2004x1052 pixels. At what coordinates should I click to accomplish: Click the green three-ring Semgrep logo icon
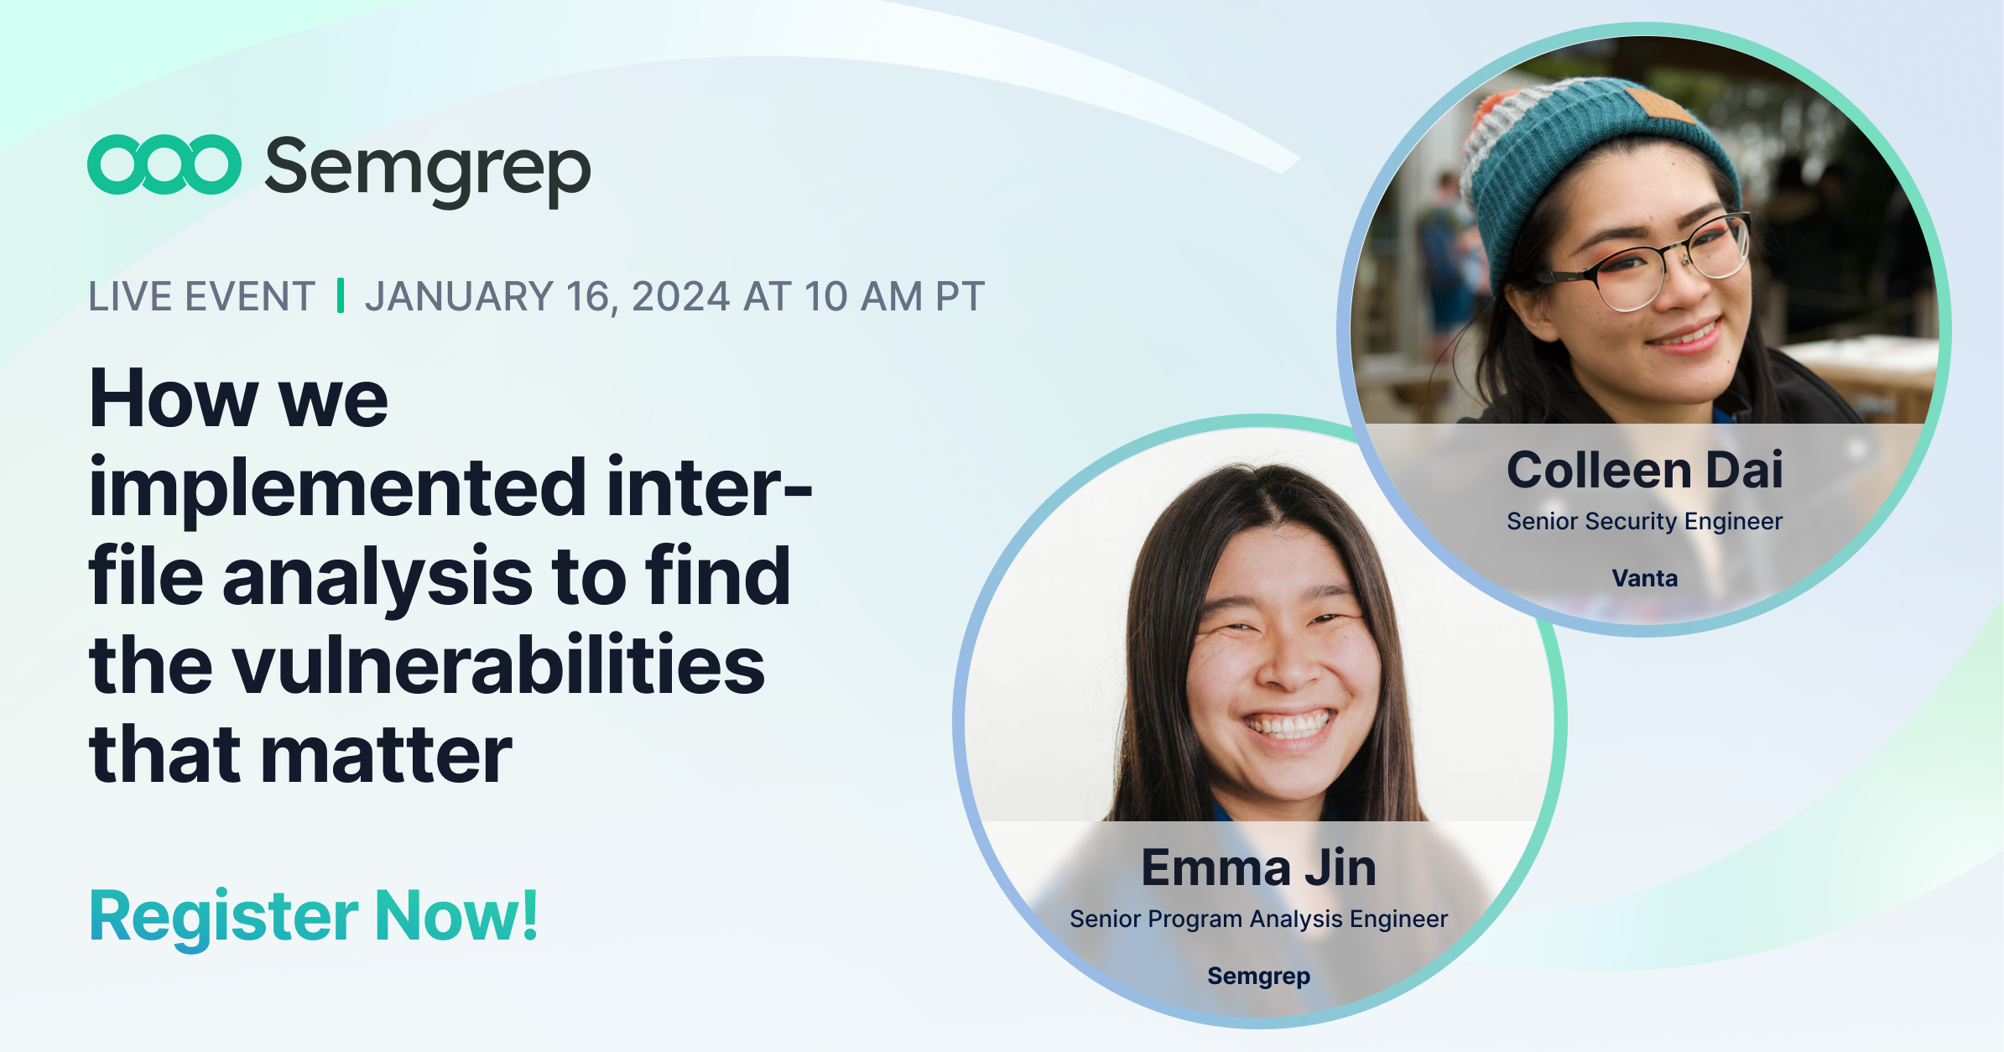pyautogui.click(x=164, y=164)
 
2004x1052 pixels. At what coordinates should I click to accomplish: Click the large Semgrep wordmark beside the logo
pyautogui.click(x=428, y=168)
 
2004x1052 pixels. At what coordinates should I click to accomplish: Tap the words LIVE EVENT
pyautogui.click(x=201, y=297)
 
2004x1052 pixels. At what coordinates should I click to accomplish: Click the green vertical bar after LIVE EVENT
pyautogui.click(x=340, y=295)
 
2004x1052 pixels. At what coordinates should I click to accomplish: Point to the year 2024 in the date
pyautogui.click(x=680, y=297)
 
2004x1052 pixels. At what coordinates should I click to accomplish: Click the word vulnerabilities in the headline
pyautogui.click(x=498, y=666)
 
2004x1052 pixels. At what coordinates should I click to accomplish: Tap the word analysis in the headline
pyautogui.click(x=377, y=577)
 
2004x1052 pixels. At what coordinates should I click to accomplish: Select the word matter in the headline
pyautogui.click(x=387, y=755)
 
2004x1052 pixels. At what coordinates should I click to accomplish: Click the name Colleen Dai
pyautogui.click(x=1644, y=470)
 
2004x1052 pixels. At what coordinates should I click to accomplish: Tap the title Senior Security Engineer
pyautogui.click(x=1644, y=522)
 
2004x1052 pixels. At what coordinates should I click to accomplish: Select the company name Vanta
pyautogui.click(x=1644, y=578)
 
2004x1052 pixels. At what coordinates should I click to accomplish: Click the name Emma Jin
pyautogui.click(x=1258, y=867)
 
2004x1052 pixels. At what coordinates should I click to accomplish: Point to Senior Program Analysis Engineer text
pyautogui.click(x=1258, y=919)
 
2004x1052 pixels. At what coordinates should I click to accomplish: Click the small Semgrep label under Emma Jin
pyautogui.click(x=1258, y=976)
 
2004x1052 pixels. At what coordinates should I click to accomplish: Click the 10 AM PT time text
pyautogui.click(x=894, y=297)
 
